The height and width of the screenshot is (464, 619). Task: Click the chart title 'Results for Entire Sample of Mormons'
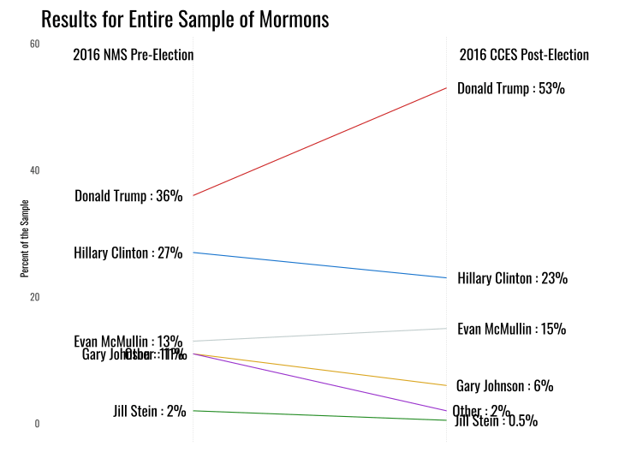[185, 20]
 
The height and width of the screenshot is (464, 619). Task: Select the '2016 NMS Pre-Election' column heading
[133, 56]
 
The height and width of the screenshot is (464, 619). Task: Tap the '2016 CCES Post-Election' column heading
[524, 56]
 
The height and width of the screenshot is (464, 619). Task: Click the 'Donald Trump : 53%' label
[511, 88]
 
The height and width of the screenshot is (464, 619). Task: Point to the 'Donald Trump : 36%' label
[128, 196]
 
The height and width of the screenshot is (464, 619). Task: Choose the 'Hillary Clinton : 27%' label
[128, 253]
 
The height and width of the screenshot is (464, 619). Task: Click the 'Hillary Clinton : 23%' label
[513, 278]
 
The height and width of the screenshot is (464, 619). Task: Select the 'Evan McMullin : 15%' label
[512, 330]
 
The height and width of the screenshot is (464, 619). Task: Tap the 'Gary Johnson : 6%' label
[505, 386]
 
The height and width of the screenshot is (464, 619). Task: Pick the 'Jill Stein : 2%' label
[150, 411]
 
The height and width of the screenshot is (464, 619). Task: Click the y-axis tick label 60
[35, 44]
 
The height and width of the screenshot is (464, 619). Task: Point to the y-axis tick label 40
[35, 170]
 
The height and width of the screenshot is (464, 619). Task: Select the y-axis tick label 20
[35, 297]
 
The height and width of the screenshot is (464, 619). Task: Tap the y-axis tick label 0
[37, 424]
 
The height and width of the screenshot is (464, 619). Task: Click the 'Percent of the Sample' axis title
[25, 238]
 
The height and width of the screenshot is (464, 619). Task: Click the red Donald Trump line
[320, 142]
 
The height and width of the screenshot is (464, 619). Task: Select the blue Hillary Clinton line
[320, 265]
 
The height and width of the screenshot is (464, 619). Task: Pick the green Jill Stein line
[320, 415]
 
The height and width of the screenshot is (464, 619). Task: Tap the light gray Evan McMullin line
[320, 335]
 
